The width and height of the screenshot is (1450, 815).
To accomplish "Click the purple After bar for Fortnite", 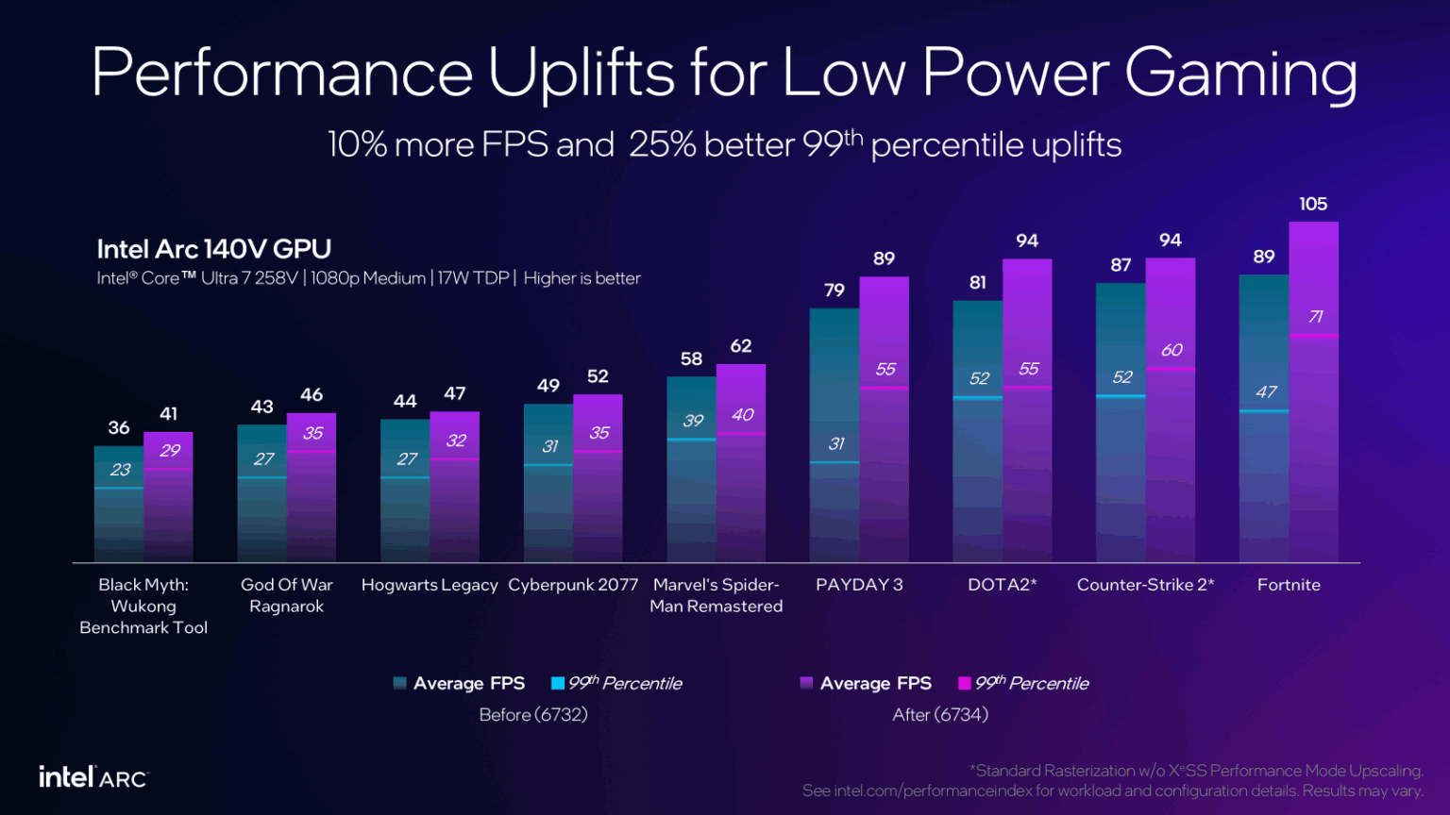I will tap(1313, 434).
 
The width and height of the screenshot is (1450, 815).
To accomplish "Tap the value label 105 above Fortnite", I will tap(1313, 204).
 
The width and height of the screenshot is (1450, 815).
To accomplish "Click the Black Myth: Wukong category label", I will tap(143, 606).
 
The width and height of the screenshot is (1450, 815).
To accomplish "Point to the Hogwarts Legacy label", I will tap(430, 585).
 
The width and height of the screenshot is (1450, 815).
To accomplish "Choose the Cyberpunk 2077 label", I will tap(573, 585).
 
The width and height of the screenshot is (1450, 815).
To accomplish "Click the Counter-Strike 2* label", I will tap(1145, 585).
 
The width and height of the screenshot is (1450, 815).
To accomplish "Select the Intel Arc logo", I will tap(93, 777).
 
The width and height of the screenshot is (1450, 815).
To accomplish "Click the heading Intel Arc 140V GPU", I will tap(214, 249).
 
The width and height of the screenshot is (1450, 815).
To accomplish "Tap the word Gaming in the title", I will tap(1241, 74).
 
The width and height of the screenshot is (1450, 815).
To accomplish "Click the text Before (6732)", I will tap(533, 714).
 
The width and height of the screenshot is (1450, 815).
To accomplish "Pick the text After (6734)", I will tap(940, 714).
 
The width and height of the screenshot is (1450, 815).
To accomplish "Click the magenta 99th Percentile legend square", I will tap(965, 683).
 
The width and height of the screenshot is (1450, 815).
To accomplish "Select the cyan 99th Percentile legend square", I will tap(558, 683).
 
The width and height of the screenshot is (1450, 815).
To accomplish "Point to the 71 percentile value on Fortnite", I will tap(1315, 317).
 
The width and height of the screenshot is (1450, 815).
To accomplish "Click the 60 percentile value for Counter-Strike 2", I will tap(1172, 350).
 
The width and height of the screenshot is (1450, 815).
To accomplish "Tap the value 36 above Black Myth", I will tap(119, 428).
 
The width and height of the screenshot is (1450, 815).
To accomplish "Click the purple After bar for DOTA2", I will tap(1027, 453).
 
